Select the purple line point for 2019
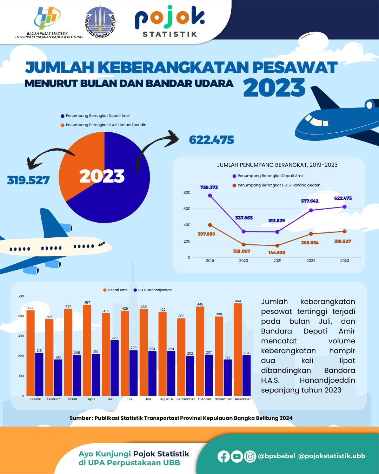pos(210,196)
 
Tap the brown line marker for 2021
pos(277,246)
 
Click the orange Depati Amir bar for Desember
pos(238,349)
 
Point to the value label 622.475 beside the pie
pos(211,140)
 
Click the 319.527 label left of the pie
pos(28,180)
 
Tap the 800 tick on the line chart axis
pos(187,192)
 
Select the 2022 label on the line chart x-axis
pos(311,261)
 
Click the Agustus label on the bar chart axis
pos(167,399)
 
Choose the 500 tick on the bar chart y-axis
pos(21,296)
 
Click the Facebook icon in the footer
pos(224,456)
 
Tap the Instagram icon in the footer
pos(250,456)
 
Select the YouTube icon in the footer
pos(237,456)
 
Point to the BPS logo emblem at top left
pos(47,18)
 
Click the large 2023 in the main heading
pos(274,88)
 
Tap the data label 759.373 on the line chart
pos(209,187)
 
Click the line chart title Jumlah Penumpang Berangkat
pos(277,165)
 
